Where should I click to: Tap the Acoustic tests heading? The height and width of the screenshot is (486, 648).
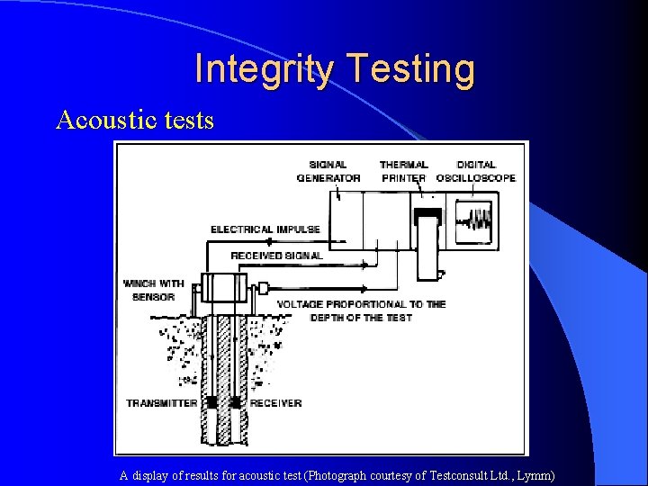click(x=135, y=120)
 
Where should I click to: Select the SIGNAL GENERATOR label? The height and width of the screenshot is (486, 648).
click(x=328, y=171)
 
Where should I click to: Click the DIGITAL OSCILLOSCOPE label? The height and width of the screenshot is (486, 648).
click(x=475, y=171)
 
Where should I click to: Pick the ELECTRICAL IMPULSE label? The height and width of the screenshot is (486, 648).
click(x=265, y=229)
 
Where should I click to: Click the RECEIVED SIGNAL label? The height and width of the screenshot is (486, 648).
click(x=276, y=256)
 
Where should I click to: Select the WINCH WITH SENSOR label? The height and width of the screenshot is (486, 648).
click(x=153, y=290)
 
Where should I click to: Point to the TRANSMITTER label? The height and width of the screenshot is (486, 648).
click(x=161, y=403)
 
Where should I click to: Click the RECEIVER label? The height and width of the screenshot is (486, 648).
click(x=275, y=403)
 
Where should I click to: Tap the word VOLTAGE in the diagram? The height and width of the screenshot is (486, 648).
click(x=301, y=304)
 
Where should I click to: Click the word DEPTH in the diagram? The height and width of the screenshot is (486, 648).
click(x=329, y=318)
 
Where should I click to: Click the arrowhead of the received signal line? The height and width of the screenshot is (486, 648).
click(x=364, y=265)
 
